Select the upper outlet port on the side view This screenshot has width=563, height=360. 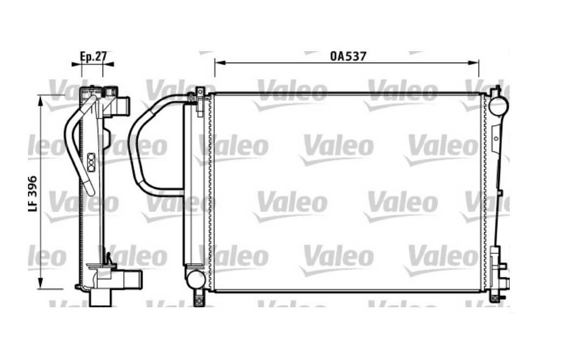tap(123, 104)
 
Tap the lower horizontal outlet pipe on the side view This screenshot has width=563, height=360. tap(129, 280)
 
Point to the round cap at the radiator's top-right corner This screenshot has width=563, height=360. tap(498, 105)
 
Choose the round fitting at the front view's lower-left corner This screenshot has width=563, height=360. tap(195, 279)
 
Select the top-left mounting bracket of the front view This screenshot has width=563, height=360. tap(199, 100)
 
